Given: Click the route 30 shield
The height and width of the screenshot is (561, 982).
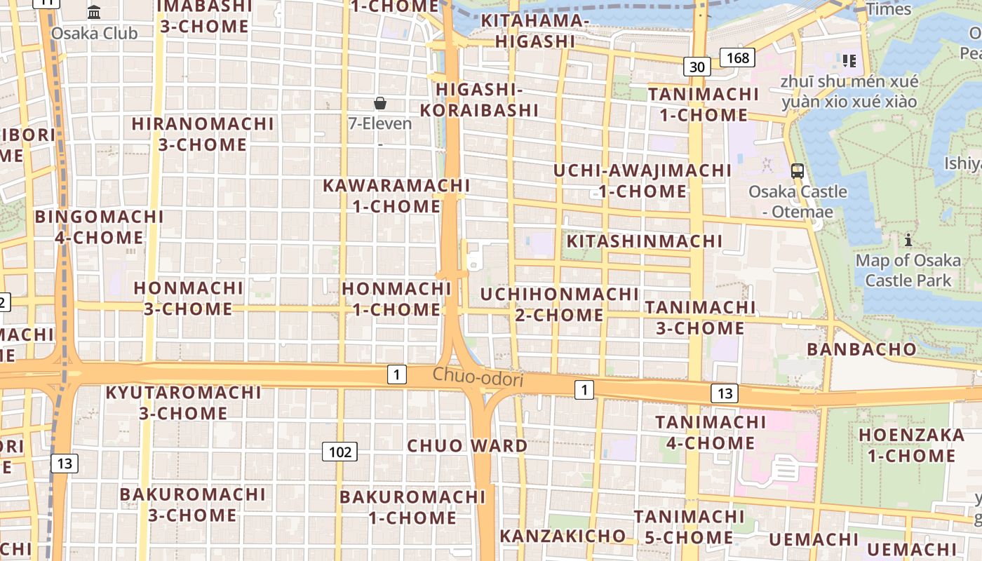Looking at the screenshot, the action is [697, 67].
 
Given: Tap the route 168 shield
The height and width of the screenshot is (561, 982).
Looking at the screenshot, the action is [738, 58].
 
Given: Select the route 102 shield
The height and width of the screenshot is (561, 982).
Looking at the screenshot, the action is [339, 452].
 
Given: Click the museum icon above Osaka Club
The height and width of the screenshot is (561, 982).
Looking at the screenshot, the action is [94, 12].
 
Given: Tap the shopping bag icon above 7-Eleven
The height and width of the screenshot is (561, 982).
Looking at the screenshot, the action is [380, 104].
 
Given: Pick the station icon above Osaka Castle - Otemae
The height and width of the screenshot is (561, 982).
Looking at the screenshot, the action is [798, 170].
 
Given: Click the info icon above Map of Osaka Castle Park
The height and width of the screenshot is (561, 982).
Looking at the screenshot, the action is [908, 241].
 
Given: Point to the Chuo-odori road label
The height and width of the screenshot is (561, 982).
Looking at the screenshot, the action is [478, 377].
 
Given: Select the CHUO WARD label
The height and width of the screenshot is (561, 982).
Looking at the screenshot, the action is [467, 446].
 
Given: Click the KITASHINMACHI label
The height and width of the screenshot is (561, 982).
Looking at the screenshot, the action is [644, 241].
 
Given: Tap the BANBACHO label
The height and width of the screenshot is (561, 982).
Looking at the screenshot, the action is [861, 349].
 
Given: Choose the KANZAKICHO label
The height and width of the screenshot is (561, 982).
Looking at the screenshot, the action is [563, 536].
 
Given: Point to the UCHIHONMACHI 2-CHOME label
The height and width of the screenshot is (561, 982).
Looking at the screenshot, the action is [559, 304].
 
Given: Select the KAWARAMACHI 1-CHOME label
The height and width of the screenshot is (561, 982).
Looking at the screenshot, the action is [396, 196].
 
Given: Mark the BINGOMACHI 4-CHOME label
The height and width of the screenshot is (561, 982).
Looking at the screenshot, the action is [99, 227].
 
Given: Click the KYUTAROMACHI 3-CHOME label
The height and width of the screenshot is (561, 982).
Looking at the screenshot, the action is [183, 403].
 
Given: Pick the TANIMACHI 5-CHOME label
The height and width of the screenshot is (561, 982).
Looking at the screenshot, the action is [689, 527].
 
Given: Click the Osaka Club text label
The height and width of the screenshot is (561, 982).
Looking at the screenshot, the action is [94, 33].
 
